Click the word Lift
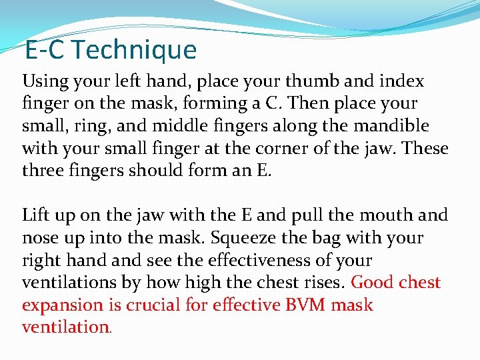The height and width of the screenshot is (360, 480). tap(35, 215)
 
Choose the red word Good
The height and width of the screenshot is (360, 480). tap(374, 283)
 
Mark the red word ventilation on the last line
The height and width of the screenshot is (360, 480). tap(65, 327)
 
